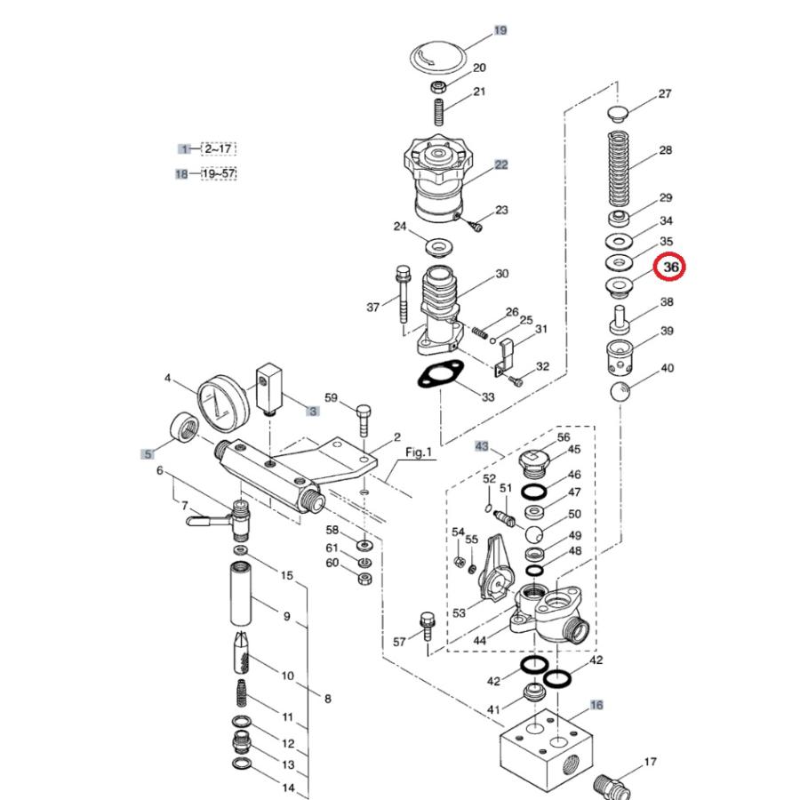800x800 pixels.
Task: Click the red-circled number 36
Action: click(670, 267)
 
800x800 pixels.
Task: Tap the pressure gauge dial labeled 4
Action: click(223, 400)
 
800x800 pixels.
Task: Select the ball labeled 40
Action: click(620, 391)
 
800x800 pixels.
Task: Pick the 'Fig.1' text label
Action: click(419, 452)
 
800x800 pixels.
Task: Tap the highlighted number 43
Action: click(482, 446)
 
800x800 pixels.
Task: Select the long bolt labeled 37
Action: click(403, 294)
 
